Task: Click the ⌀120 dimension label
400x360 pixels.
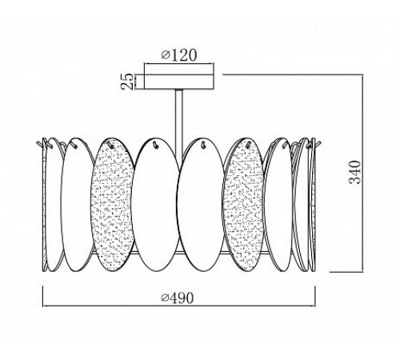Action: coord(179,55)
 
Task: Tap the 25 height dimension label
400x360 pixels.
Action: coord(127,81)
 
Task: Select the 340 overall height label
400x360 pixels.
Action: coord(355,172)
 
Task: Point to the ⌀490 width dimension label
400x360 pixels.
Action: coord(177,298)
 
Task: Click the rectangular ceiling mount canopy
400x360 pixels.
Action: coord(179,82)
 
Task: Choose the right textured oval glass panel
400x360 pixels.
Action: coord(244,205)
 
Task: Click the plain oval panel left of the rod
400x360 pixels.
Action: coord(157,205)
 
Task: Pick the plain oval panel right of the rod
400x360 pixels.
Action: coord(201,205)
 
